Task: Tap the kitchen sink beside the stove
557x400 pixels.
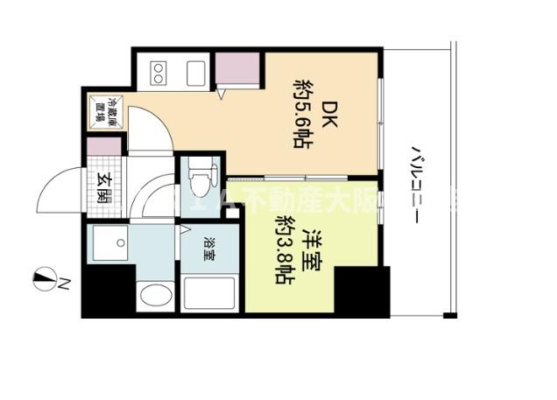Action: (x=195, y=71)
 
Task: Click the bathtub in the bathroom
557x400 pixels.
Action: (x=208, y=292)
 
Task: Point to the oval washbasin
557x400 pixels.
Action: (x=155, y=295)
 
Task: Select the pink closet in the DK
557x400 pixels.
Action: (x=236, y=69)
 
